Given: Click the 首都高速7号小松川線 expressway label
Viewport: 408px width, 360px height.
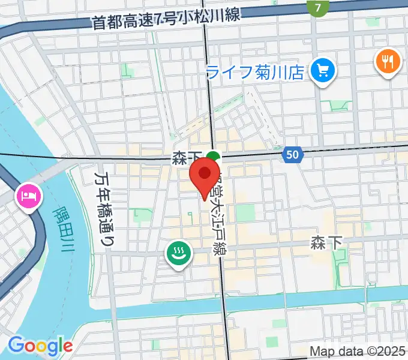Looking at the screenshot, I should tap(166, 19).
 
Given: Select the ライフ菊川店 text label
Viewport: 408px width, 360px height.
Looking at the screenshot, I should tap(255, 73).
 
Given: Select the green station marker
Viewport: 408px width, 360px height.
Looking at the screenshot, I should tap(212, 158).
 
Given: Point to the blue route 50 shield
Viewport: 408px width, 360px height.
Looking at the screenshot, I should tap(292, 155).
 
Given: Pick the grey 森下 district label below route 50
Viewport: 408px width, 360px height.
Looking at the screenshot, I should tap(326, 242).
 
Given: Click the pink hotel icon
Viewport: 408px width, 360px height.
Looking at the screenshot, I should tap(29, 196).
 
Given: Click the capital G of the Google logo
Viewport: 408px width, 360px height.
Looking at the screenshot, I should tap(16, 345).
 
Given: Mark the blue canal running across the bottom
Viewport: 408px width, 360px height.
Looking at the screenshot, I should tap(240, 306).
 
